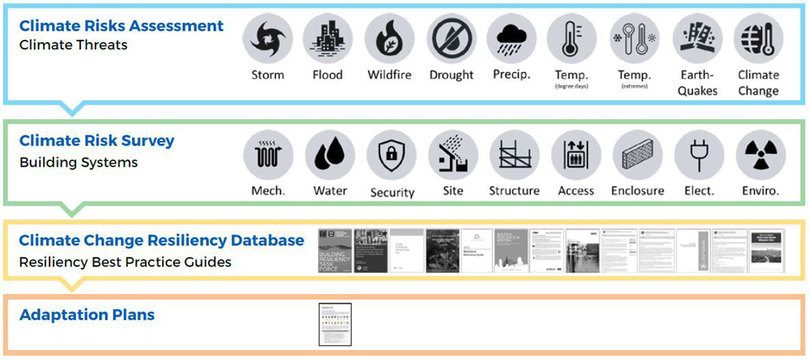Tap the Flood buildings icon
327,38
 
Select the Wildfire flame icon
389,38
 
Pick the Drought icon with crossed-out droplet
451,38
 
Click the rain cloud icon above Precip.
512,38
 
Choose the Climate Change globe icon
758,38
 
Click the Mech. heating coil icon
268,155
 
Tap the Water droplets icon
329,155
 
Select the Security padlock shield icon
392,155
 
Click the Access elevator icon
576,155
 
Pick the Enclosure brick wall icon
637,155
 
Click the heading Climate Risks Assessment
121,26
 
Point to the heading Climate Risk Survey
96,141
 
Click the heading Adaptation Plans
87,315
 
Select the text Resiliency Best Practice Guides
125,261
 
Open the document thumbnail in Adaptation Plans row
335,324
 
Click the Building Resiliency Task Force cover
335,251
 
